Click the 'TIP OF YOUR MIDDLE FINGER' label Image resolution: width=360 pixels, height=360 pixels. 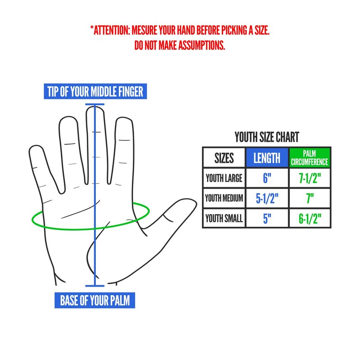(x=95, y=91)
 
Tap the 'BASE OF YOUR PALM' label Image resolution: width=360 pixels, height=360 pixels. (x=94, y=300)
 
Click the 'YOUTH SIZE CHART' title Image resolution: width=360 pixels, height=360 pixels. (x=267, y=137)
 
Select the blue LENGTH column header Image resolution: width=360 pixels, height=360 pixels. (x=267, y=158)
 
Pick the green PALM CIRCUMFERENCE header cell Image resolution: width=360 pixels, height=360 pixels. (x=310, y=158)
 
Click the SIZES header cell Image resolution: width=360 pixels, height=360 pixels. (x=224, y=158)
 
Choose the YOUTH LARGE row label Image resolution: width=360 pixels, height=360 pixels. (x=224, y=178)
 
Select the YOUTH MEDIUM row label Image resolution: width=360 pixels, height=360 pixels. (x=224, y=198)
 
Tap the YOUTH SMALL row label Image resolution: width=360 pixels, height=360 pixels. (x=224, y=218)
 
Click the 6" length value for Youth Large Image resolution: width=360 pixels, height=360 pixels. (x=267, y=178)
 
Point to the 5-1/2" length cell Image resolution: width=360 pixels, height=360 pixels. (x=267, y=198)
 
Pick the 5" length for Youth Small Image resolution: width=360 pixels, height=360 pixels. (x=267, y=218)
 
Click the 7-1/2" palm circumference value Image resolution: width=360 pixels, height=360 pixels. (x=310, y=178)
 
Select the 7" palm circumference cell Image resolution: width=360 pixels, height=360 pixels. (x=310, y=198)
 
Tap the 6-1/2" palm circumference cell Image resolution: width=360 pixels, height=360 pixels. (x=310, y=218)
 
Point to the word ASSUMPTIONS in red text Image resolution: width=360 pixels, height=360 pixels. (x=201, y=45)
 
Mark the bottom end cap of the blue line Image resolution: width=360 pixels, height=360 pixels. (x=95, y=286)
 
